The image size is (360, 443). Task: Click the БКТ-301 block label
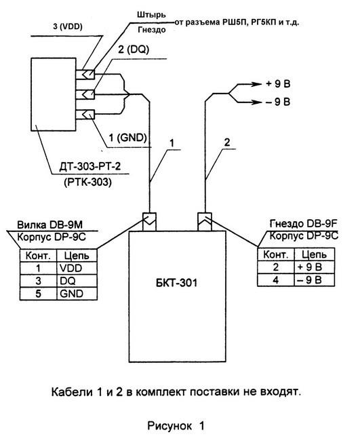coord(176,283)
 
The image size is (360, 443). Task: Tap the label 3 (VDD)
coord(68,27)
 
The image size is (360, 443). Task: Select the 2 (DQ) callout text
coord(134,50)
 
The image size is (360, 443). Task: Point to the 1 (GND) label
coord(128,138)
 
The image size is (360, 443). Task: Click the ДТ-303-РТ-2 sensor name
coord(89,166)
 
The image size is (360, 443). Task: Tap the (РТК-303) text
coord(88,182)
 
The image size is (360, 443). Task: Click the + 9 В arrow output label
coord(278,84)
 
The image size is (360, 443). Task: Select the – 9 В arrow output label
coord(278,102)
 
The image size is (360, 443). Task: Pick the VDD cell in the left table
coord(71,268)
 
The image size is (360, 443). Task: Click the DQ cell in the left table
coord(68,281)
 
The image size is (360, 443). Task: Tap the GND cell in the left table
coord(72,294)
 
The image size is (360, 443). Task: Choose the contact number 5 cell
coord(38,294)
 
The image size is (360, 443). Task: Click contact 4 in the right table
coord(275,280)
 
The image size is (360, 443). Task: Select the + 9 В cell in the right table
coord(310,267)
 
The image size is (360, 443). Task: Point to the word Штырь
coord(152,15)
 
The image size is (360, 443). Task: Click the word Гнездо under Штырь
coord(152,30)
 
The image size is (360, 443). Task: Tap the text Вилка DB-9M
coord(50,225)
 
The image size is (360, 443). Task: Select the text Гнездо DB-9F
coord(304,224)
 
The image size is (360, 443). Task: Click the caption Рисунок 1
coord(176,426)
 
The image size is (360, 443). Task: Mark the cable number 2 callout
coord(227,142)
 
